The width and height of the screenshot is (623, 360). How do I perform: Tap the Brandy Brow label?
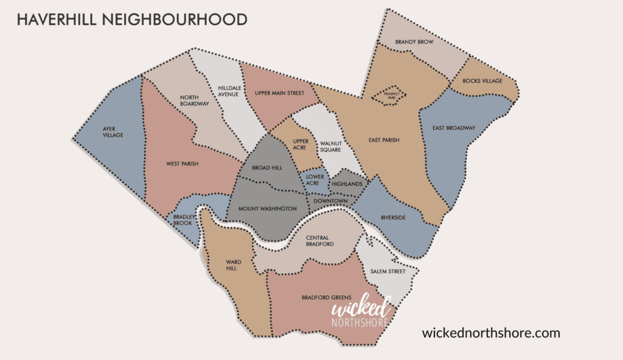point(414,43)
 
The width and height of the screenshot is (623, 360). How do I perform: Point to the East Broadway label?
point(454,128)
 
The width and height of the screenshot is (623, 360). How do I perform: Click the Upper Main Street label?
point(279,93)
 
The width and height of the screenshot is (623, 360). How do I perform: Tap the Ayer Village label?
point(113,131)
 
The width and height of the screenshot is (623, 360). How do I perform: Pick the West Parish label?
point(183,164)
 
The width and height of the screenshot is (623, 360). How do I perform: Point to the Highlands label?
point(347,184)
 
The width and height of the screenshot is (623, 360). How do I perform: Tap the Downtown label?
point(331,201)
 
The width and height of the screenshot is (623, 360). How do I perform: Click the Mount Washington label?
point(267,209)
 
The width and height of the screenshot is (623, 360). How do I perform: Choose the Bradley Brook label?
point(182,220)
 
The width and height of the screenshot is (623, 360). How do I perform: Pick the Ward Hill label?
point(234,265)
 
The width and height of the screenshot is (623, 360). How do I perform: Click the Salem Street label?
point(388,271)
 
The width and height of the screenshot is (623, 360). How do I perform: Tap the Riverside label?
point(392,218)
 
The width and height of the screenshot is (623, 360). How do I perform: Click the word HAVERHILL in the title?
point(52,19)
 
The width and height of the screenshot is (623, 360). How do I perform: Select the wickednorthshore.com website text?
point(490,333)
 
